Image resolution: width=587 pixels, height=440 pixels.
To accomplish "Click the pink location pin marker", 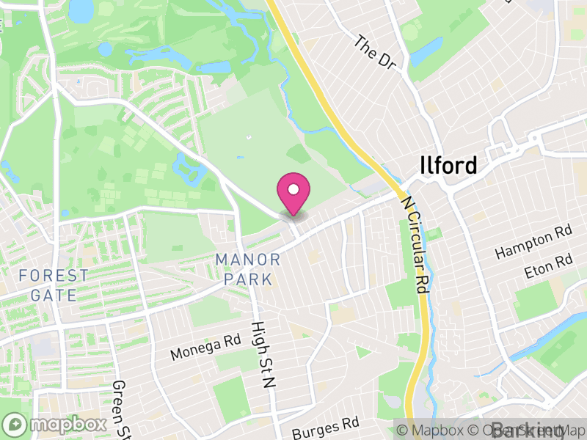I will (293, 193).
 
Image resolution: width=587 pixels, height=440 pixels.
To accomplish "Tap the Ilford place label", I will (448, 165).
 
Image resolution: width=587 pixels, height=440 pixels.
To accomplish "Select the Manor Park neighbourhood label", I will (248, 269).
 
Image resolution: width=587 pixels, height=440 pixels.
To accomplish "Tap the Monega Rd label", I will (205, 347).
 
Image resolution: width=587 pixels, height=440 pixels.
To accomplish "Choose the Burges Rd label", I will (325, 426).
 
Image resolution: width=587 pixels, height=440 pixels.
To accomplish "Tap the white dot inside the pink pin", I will (293, 188).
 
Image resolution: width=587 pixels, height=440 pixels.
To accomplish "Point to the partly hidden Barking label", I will (531, 431).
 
